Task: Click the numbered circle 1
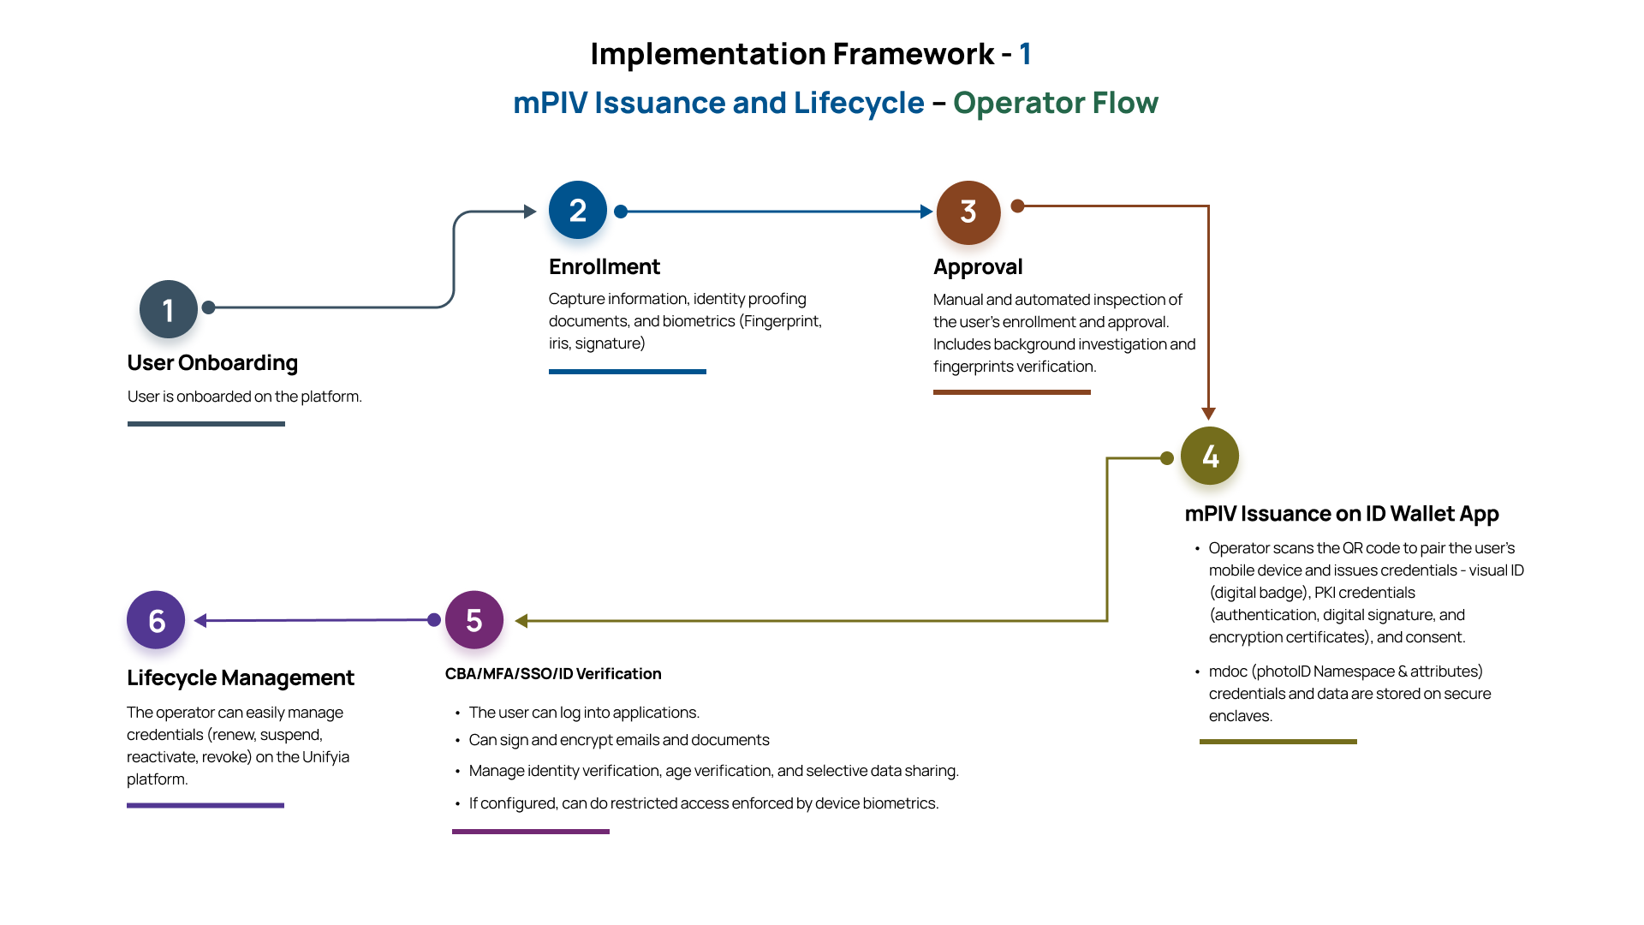coord(169,309)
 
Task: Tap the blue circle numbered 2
coord(578,210)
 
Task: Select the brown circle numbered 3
coord(968,212)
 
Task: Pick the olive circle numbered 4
coord(1210,456)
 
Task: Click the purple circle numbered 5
coord(474,620)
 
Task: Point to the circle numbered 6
coord(156,620)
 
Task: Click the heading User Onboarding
coord(212,363)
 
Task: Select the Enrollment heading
coord(605,267)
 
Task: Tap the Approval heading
coord(978,267)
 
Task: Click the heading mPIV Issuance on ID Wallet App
coord(1342,514)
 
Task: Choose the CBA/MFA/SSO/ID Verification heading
coord(553,674)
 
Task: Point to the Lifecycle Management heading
coord(241,678)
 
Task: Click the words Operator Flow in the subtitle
coord(1055,103)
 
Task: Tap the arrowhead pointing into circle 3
coord(926,212)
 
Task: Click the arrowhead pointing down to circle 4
coord(1208,414)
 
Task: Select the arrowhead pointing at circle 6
coord(201,621)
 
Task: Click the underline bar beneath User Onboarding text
coord(206,424)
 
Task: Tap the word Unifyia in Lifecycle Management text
coord(326,757)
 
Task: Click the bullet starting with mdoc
coord(1349,694)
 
